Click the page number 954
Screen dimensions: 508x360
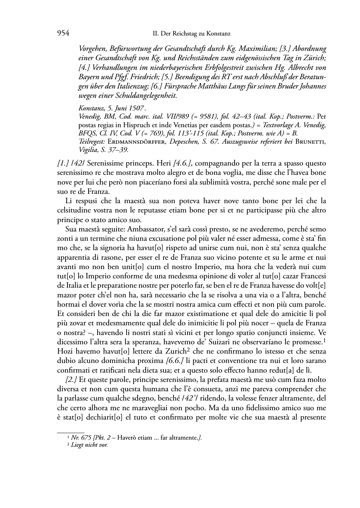[x=63, y=33]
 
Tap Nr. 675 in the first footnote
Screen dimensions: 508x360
[x=79, y=437]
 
